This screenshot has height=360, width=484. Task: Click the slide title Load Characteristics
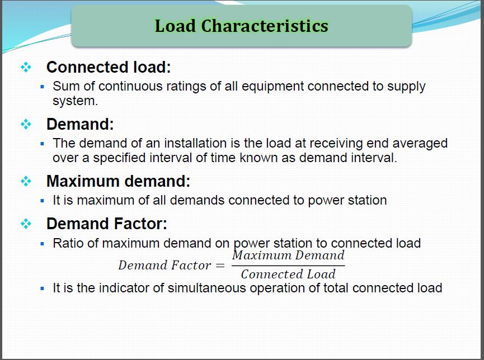[x=241, y=26]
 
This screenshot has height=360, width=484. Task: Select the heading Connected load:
[x=108, y=67]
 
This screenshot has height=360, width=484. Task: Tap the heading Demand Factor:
[x=106, y=224]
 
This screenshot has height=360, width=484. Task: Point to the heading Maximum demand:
[x=118, y=181]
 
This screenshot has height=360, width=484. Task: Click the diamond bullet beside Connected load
[x=26, y=67]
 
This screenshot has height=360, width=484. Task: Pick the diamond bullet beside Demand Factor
[x=26, y=224]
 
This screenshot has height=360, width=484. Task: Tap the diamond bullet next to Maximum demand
[x=26, y=181]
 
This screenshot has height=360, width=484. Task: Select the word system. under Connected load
[x=75, y=101]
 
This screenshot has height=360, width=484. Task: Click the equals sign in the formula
[x=220, y=266]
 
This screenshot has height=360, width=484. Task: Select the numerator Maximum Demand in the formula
[x=288, y=255]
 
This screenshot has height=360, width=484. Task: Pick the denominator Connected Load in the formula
[x=288, y=274]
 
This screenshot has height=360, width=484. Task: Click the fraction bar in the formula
[x=288, y=265]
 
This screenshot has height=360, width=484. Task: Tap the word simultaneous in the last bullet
[x=209, y=288]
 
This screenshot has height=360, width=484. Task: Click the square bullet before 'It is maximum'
[x=43, y=200]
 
